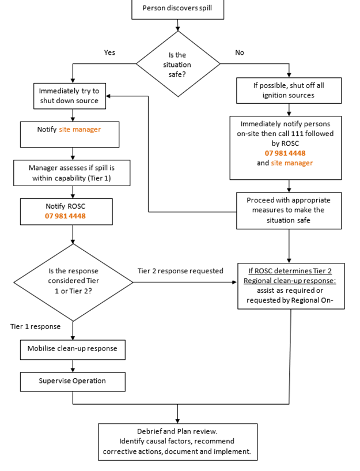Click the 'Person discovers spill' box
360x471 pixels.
pos(177,9)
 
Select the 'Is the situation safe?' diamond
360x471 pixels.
pos(177,64)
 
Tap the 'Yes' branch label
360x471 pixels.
pos(109,52)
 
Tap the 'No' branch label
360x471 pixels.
pos(240,52)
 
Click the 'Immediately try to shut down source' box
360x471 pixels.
pos(69,96)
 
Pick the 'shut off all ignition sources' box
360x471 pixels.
pos(289,91)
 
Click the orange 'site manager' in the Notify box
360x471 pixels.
pos(79,130)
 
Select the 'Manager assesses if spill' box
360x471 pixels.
pos(71,172)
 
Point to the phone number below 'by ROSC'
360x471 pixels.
pos(285,153)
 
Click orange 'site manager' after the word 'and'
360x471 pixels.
pos(291,163)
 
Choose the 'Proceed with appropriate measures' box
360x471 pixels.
pos(289,210)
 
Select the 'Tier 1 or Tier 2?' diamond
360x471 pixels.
pos(73,282)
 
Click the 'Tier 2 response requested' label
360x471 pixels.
pos(180,271)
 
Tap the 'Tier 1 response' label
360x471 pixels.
pos(35,326)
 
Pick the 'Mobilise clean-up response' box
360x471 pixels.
pos(73,349)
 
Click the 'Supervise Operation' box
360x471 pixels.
pos(73,381)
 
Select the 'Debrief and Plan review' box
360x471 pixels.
pos(177,442)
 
